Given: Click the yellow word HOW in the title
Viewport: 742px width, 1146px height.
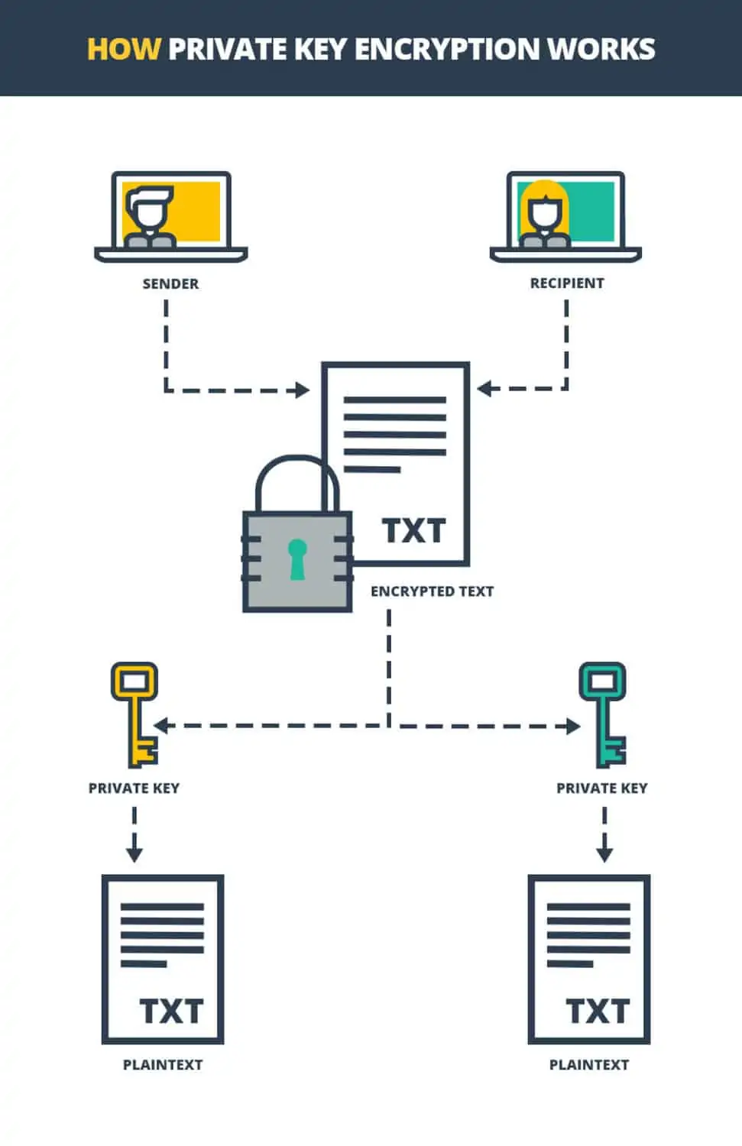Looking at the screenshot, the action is (125, 49).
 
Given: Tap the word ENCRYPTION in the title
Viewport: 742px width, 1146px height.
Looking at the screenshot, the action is (447, 49).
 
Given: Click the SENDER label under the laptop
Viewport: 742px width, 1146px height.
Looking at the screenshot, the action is (170, 283).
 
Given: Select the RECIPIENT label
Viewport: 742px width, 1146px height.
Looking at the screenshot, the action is (567, 283).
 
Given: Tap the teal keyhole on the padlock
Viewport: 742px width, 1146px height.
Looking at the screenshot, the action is (297, 560).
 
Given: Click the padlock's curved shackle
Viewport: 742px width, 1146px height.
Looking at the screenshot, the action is (297, 460).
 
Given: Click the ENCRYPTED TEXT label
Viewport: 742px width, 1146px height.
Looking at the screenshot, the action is (433, 591).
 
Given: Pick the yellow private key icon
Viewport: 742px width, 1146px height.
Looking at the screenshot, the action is (134, 714).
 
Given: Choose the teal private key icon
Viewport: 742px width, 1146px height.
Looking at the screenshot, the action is (603, 714).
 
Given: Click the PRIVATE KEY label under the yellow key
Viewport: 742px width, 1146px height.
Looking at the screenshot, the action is (134, 788).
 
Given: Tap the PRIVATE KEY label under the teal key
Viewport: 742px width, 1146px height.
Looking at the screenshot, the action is (602, 788).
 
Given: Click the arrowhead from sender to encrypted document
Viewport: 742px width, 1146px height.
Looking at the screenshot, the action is (303, 390).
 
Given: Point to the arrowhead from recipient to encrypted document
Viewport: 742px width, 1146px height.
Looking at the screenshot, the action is (484, 388).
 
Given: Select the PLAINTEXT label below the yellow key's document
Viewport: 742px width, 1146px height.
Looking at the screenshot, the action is (163, 1065).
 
